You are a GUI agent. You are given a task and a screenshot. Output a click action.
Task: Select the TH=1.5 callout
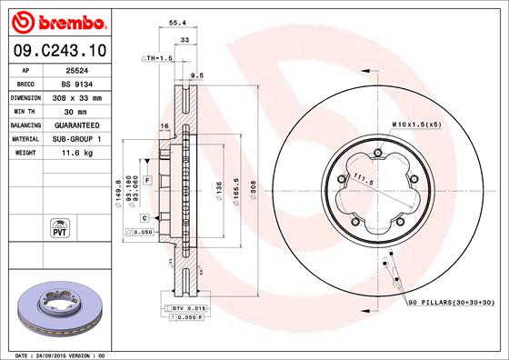pyautogui.click(x=157, y=57)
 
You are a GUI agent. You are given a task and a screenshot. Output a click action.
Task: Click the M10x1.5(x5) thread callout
pyautogui.click(x=417, y=121)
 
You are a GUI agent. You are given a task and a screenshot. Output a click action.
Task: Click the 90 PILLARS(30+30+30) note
pyautogui.click(x=452, y=301)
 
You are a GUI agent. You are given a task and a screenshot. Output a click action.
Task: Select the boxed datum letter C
pyautogui.click(x=145, y=217)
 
